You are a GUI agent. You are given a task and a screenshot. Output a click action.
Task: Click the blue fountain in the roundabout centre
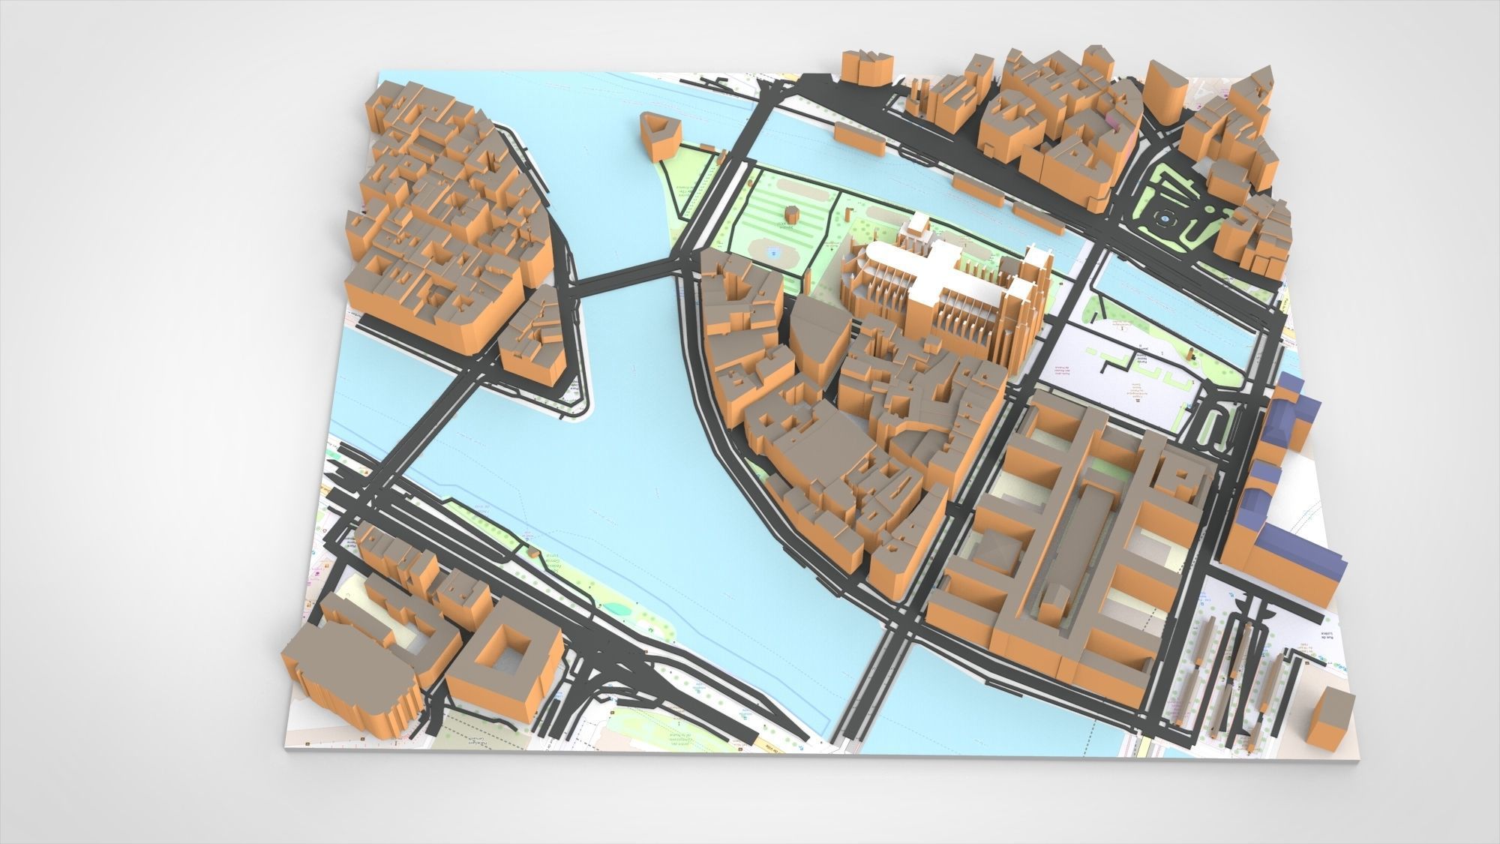pyautogui.click(x=1165, y=218)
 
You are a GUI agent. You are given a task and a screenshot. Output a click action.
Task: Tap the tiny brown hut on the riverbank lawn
pyautogui.click(x=532, y=554)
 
